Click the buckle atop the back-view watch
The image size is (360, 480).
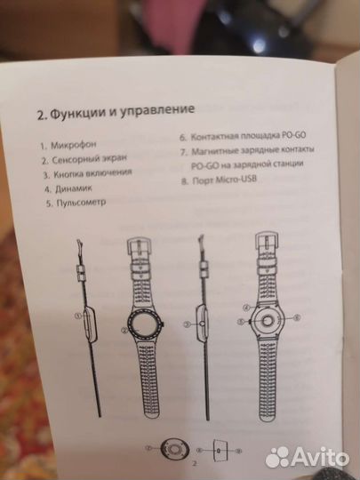tap(268, 241)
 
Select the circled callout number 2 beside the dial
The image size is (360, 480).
tap(123, 330)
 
